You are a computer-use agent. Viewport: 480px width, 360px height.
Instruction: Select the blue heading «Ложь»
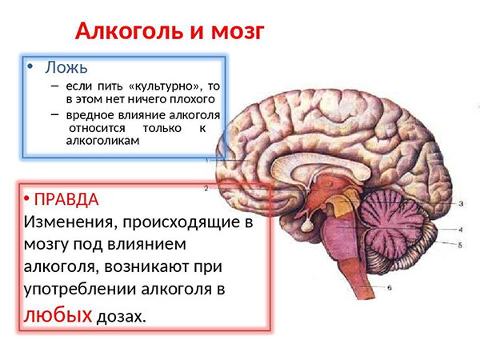click(66, 66)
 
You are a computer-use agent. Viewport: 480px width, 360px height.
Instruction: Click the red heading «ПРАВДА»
click(66, 199)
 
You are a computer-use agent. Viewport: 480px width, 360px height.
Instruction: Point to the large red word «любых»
click(58, 314)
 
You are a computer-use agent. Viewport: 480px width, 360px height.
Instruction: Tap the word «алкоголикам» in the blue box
click(103, 141)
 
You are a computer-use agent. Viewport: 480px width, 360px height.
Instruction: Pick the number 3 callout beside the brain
click(461, 203)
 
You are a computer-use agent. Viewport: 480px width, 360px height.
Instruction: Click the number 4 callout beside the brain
click(461, 230)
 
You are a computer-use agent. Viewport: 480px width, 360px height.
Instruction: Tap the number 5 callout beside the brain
click(460, 245)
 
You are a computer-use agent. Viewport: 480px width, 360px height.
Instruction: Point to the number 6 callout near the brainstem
click(390, 287)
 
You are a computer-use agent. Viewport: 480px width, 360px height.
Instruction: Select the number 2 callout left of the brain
click(206, 189)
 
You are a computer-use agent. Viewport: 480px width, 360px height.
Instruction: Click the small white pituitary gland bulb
click(306, 226)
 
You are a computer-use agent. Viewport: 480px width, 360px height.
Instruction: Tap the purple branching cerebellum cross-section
click(390, 220)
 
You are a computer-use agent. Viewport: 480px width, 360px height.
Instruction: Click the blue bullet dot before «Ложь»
click(30, 66)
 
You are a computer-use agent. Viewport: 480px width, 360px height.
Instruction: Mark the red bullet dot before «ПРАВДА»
click(26, 199)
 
